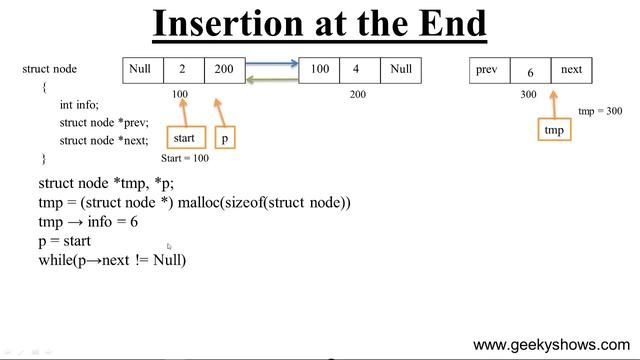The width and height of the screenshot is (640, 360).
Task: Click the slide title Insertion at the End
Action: click(x=319, y=23)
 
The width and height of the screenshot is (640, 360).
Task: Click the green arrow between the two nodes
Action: click(x=273, y=78)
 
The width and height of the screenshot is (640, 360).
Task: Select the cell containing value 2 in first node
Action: click(x=183, y=70)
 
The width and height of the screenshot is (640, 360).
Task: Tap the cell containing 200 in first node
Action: click(x=223, y=70)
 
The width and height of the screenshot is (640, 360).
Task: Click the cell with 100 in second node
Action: click(x=320, y=70)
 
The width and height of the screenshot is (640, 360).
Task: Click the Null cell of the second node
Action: click(x=400, y=70)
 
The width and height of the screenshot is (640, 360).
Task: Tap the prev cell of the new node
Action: click(x=489, y=70)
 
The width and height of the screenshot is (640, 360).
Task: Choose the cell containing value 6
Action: click(x=530, y=72)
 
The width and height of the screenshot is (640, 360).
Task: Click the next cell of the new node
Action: click(x=570, y=70)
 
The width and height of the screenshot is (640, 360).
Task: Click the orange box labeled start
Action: click(x=184, y=137)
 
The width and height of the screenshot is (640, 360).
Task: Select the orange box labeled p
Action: click(x=225, y=138)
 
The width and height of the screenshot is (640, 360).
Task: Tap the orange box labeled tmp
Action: click(x=553, y=130)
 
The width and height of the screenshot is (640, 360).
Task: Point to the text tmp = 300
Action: click(x=600, y=111)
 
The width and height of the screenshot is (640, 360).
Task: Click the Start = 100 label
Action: click(x=185, y=158)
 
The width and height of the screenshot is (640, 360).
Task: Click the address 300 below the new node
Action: click(x=529, y=95)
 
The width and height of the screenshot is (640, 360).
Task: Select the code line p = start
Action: click(x=65, y=241)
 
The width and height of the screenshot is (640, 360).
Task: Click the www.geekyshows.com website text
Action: click(x=552, y=344)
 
